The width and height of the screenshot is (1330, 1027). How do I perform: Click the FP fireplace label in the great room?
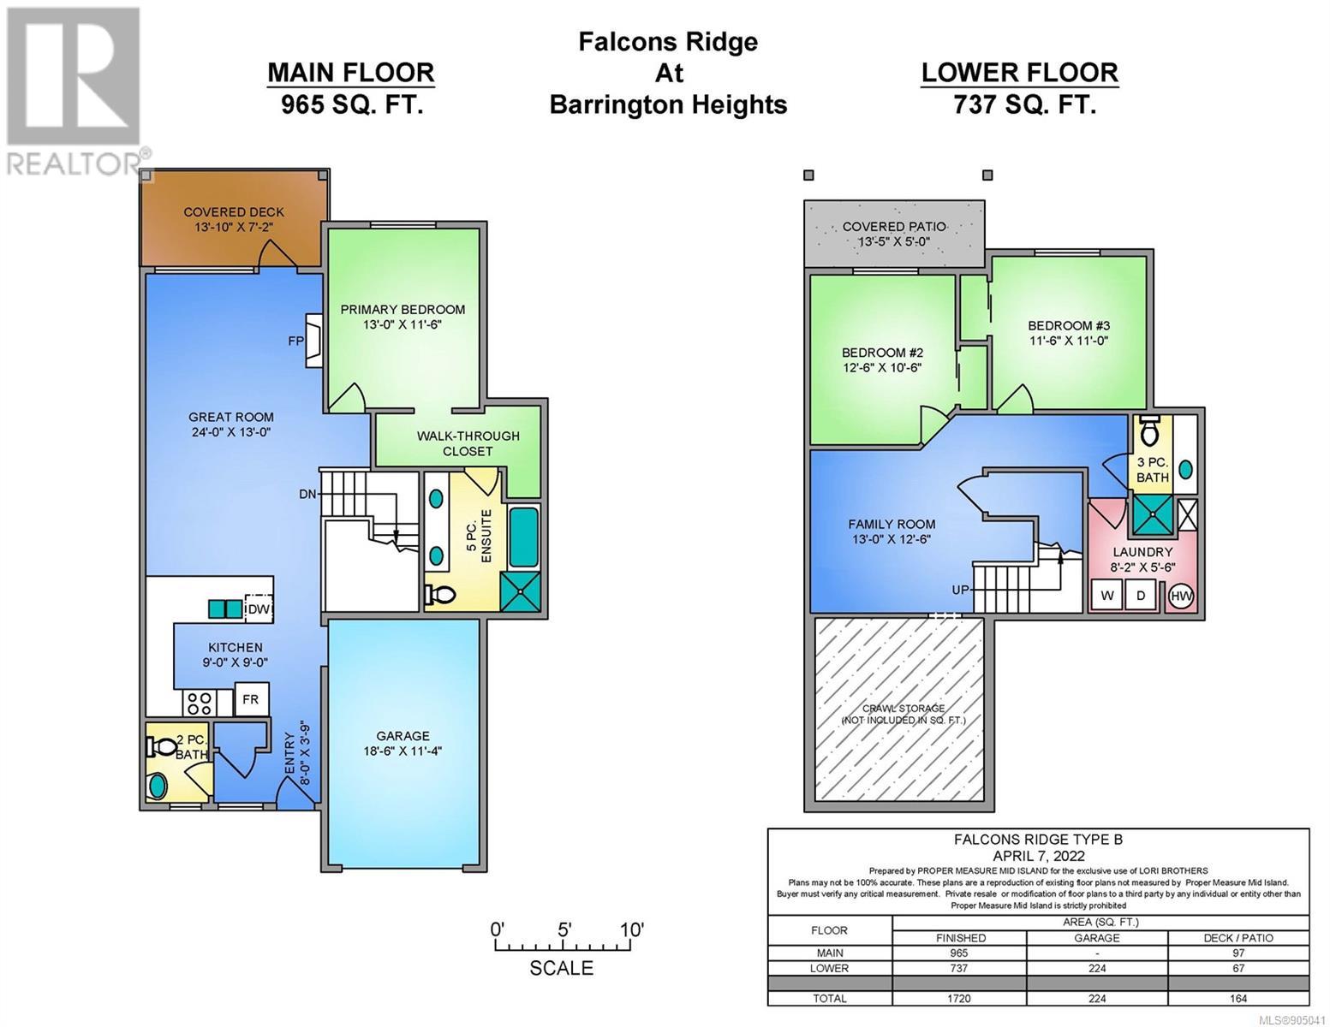pos(295,341)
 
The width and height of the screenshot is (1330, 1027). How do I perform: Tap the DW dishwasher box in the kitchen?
pos(259,608)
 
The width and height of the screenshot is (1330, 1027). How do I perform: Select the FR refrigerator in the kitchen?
pos(250,698)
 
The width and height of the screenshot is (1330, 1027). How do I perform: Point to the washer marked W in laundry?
pos(1107,596)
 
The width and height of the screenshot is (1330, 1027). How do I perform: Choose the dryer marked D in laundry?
pos(1141,596)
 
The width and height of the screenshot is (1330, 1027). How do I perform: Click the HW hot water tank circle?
pos(1181,597)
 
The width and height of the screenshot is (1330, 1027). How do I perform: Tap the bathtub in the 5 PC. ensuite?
pos(524,537)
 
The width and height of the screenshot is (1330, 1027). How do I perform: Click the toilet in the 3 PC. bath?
pos(1151,430)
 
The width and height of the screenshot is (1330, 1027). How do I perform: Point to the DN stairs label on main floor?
pos(307,494)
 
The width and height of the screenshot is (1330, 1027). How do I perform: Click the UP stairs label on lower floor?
pos(960,590)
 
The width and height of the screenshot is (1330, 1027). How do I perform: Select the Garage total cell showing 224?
pos(1097,999)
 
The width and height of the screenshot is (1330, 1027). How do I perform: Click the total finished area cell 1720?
pos(959,999)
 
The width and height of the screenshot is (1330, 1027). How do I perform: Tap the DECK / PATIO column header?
pos(1238,938)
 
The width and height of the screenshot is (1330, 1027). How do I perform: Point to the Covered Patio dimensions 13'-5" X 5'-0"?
pos(894,241)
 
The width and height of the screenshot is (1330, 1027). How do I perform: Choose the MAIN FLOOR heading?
pos(351,73)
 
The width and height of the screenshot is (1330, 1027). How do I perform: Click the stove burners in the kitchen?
pos(199,703)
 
